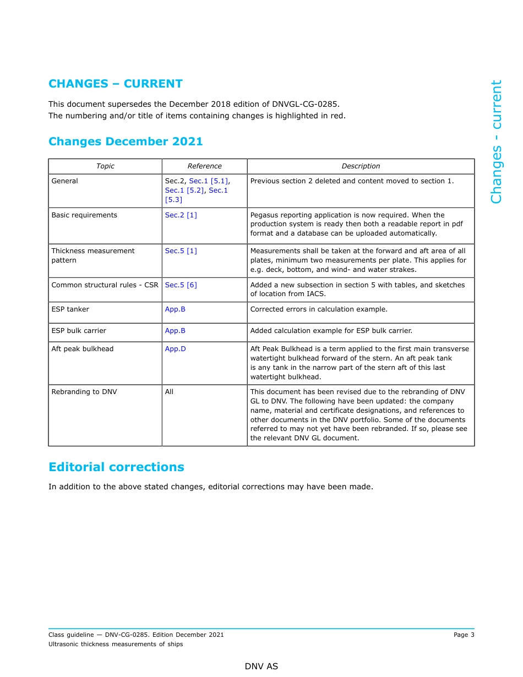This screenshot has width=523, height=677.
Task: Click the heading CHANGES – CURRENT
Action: pos(115,84)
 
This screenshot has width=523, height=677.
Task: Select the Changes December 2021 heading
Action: pos(126,141)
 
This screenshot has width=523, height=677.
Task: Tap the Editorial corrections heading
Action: pos(116,467)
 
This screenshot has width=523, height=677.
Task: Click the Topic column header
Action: pos(105,166)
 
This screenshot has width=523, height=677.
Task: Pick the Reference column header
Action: pos(204,166)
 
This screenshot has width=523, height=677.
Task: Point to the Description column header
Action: pos(361,166)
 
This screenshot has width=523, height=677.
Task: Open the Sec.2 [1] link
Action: pos(181,215)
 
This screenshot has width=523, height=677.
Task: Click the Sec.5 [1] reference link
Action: pos(181,251)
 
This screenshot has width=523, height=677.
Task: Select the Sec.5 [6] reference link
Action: pos(181,285)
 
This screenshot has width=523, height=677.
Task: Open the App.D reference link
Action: pos(175,349)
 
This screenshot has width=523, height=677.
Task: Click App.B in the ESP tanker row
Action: pos(175,309)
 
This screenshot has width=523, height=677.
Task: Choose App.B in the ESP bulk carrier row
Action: pos(175,331)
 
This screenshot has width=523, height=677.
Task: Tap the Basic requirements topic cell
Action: pos(84,215)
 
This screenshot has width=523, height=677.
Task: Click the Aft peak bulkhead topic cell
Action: pos(83,349)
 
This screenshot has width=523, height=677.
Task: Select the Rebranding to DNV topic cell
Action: pos(84,392)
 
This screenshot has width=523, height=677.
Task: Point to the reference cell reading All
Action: pos(169,392)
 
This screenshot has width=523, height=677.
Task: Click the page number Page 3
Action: pos(464,635)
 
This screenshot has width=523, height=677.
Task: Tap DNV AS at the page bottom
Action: pos(261,667)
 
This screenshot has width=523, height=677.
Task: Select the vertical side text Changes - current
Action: pos(496,142)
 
